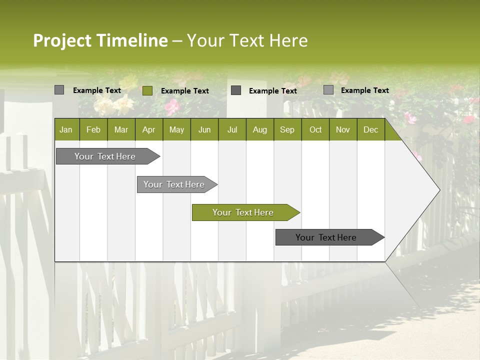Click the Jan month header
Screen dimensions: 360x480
[x=66, y=129]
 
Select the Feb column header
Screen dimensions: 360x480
[x=93, y=129]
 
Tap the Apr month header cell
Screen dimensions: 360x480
[x=149, y=129]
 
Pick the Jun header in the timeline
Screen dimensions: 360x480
[x=204, y=129]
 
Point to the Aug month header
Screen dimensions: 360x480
[x=260, y=129]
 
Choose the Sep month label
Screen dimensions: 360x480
[x=287, y=129]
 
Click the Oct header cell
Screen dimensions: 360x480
[x=315, y=129]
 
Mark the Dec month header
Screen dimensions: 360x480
[x=371, y=129]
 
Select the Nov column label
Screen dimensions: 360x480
[x=343, y=129]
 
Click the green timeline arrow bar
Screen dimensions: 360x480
[x=243, y=212]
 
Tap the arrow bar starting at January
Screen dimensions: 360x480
[x=105, y=156]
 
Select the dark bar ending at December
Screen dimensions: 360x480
[x=326, y=237]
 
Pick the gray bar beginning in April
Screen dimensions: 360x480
[x=174, y=184]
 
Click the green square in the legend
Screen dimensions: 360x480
[x=147, y=90]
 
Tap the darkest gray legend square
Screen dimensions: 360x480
[x=236, y=90]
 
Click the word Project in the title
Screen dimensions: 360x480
[x=62, y=40]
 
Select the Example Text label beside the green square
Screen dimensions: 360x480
[x=185, y=90]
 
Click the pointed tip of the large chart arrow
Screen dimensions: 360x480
[x=439, y=189]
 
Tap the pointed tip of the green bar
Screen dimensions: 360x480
[x=298, y=212]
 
